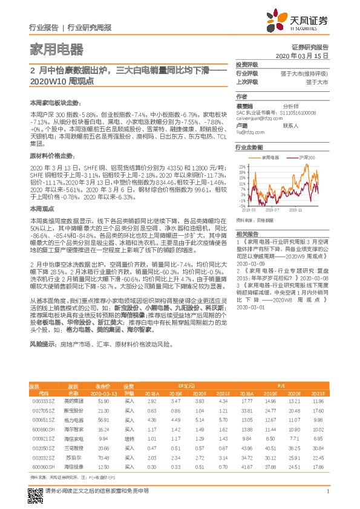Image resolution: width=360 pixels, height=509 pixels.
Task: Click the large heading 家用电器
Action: point(50,49)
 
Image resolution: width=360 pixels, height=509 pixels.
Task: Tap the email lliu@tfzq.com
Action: point(247,131)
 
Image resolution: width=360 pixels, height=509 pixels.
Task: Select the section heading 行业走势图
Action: point(249,147)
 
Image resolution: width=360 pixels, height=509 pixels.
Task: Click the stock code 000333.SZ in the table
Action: point(43,401)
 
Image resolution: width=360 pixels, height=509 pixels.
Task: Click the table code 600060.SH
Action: point(43,467)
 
